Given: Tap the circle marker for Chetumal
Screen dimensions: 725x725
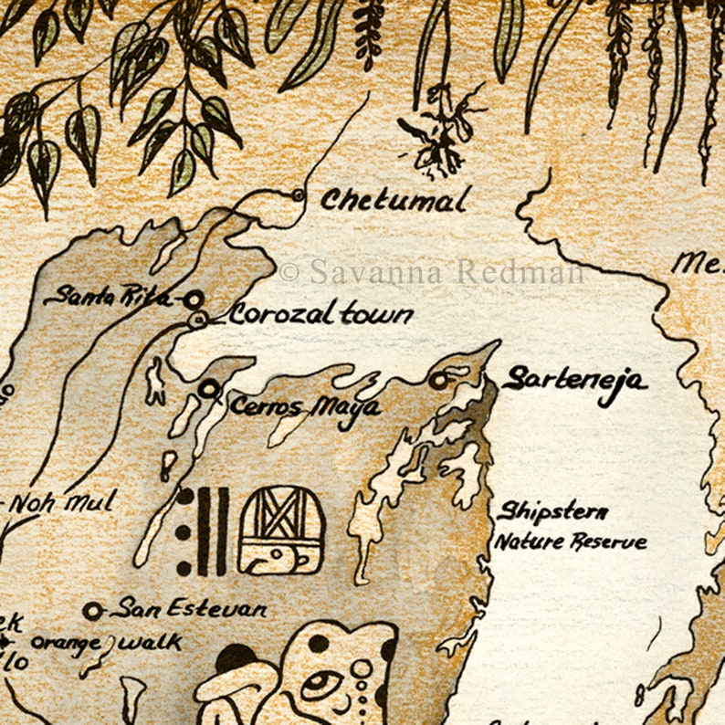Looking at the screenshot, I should coord(298,194).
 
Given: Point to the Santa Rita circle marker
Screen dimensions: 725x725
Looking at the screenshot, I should coord(193,299).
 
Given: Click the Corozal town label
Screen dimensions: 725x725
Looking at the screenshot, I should coord(320,315).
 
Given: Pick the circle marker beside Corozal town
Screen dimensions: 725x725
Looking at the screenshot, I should coord(198,319).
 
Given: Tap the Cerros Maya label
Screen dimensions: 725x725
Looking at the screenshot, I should coord(304,406).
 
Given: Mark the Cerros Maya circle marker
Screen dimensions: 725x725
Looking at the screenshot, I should coord(209,390).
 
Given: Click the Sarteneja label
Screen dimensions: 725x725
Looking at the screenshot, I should coord(574,380).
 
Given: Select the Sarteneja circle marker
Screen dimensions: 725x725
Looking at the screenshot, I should coord(441,380).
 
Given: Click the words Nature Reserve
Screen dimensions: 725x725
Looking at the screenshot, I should coord(571,541).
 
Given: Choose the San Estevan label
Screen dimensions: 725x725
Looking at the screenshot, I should coord(188,609).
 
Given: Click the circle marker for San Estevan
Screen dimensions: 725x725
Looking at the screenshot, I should coord(92,610).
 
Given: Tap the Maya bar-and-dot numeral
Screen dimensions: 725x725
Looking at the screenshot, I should coord(203,531).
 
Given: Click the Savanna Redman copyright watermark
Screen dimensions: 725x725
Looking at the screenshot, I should coord(433,271).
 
